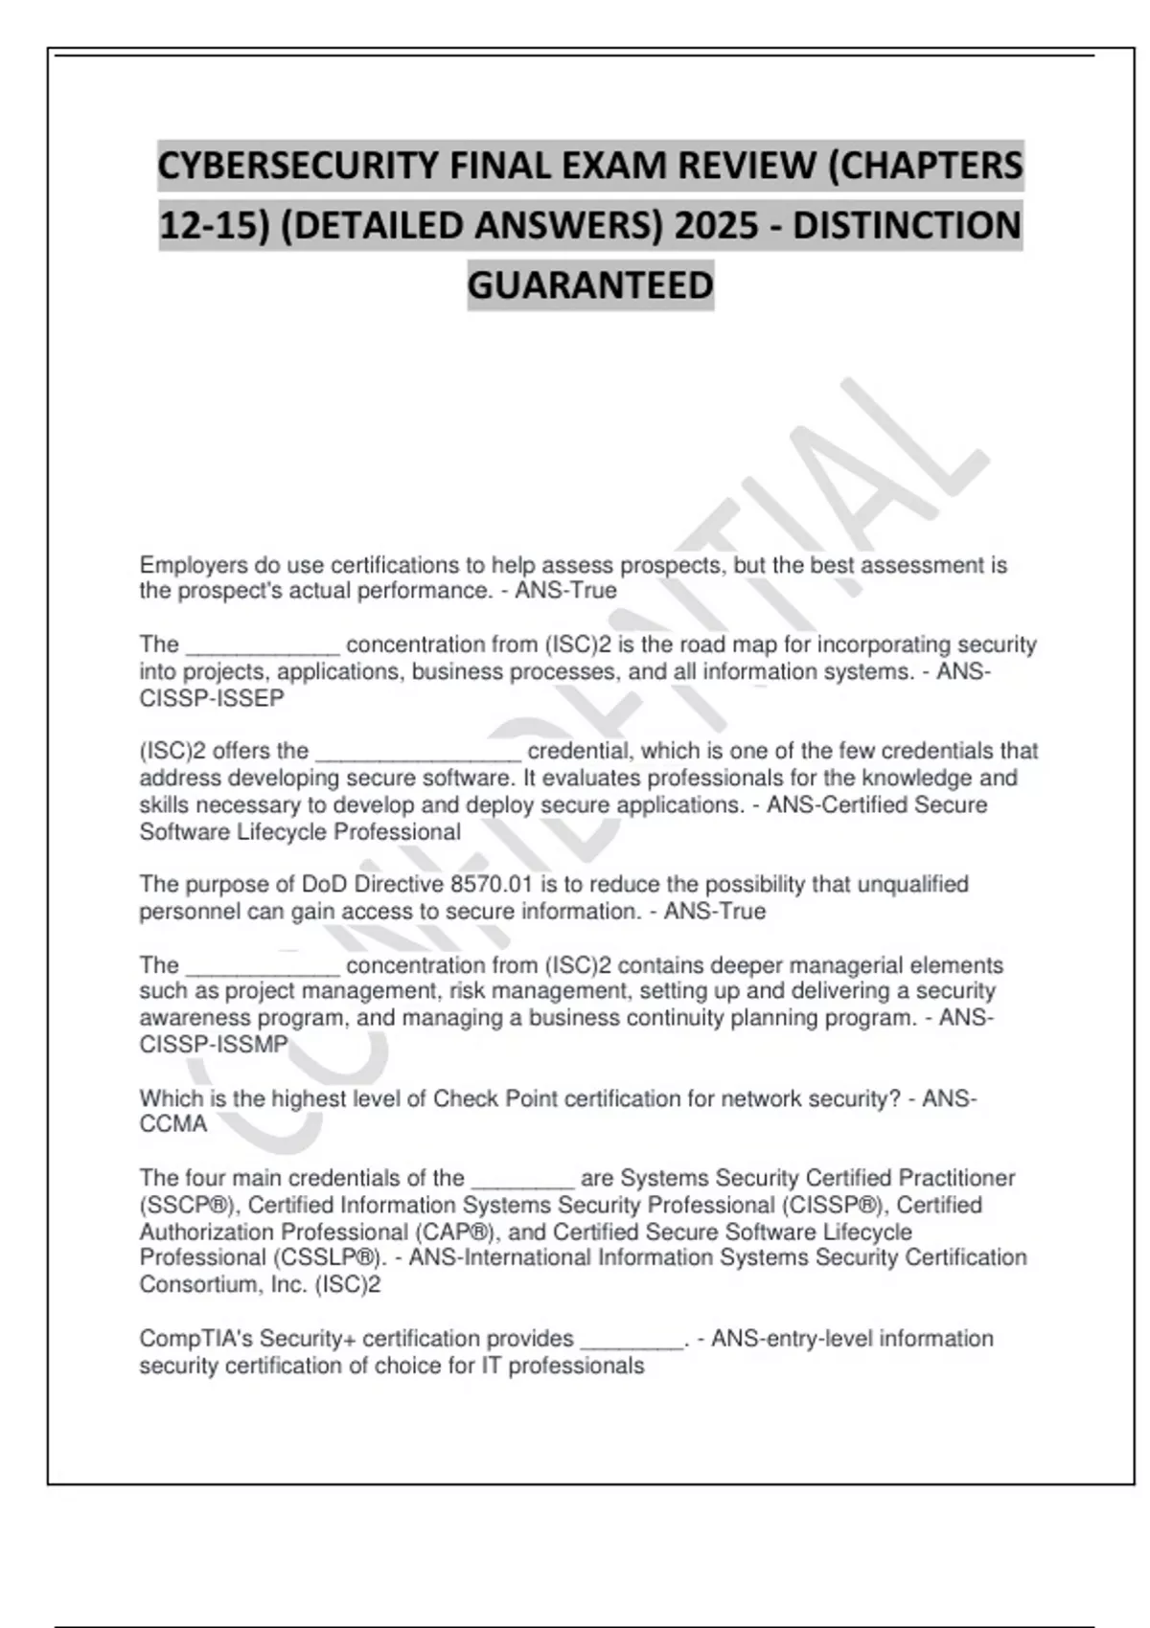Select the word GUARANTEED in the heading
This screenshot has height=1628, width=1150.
click(x=590, y=285)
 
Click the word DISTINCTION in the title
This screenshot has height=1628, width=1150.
click(x=907, y=226)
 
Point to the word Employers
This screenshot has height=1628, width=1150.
click(x=193, y=565)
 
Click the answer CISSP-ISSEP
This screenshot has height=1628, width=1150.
click(x=212, y=699)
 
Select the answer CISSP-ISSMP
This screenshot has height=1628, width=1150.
click(x=214, y=1045)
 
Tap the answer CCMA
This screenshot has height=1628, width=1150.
click(x=173, y=1124)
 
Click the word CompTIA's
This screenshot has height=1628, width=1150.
click(x=196, y=1338)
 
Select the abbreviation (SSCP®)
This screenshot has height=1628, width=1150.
click(x=190, y=1205)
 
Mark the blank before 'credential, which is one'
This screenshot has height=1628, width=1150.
click(x=418, y=753)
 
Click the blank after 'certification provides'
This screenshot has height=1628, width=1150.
click(x=632, y=1340)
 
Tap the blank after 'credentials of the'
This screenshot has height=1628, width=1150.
click(x=523, y=1180)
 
